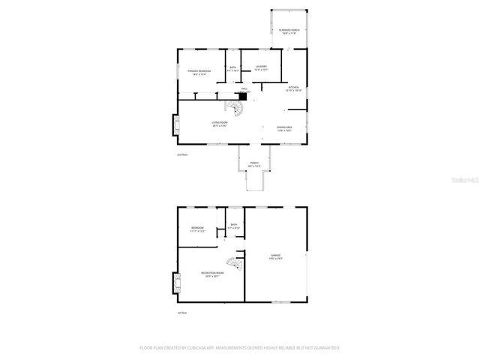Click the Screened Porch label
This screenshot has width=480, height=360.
[288, 31]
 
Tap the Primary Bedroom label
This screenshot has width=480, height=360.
[199, 73]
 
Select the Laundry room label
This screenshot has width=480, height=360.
[261, 68]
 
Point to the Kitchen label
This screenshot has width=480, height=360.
[293, 89]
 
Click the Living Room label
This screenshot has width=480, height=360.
[218, 125]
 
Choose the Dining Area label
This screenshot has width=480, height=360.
[284, 128]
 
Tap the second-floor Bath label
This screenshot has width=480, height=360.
[234, 70]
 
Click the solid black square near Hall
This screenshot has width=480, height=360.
[243, 95]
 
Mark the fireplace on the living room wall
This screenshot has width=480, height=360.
[175, 126]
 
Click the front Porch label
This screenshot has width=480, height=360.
[254, 164]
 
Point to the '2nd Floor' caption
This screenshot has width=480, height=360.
[181, 154]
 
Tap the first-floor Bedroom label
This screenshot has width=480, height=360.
[197, 229]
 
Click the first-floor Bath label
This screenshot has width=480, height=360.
[234, 226]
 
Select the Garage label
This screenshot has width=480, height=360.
[275, 257]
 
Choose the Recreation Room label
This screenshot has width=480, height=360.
[211, 274]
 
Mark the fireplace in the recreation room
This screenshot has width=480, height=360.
[176, 282]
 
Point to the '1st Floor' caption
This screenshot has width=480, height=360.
[181, 313]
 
